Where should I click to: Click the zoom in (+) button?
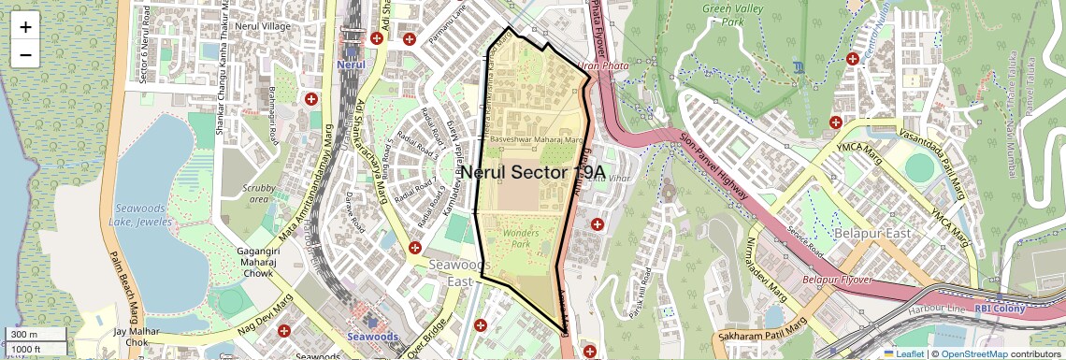(x=25, y=27)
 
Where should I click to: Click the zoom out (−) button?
(x=25, y=55)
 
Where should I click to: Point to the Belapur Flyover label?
(x=838, y=280)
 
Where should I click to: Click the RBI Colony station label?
(x=1000, y=309)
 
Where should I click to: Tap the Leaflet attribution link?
(x=903, y=353)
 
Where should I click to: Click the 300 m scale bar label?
(x=25, y=335)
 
